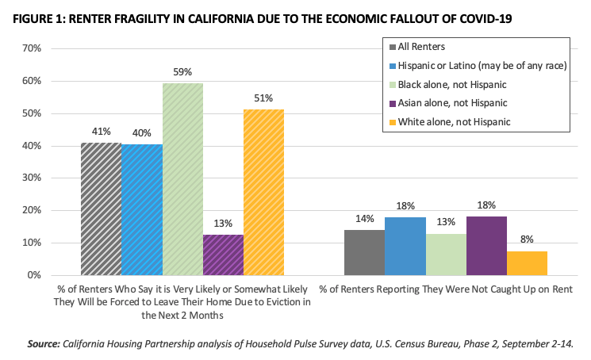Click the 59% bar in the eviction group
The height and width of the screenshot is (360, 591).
[x=182, y=179]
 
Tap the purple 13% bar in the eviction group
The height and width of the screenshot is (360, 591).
[x=223, y=255]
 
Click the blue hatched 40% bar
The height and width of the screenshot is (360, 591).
[x=141, y=210]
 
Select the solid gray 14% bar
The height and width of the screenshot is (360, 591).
[x=364, y=252]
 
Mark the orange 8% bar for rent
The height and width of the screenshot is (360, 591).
[x=527, y=263]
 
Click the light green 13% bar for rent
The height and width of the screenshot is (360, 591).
[x=446, y=255]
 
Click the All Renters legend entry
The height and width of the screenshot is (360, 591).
[x=420, y=47]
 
